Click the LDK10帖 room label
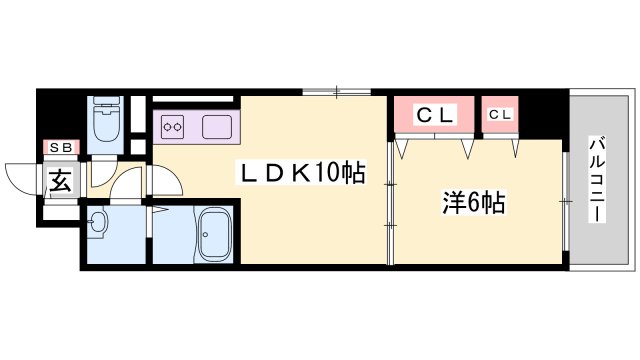(x=302, y=173)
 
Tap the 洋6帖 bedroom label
(x=474, y=202)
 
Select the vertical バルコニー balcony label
(x=597, y=180)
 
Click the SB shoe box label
(x=61, y=147)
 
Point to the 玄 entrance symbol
(x=61, y=180)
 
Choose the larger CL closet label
(x=435, y=115)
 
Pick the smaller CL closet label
(x=500, y=115)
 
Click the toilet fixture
(x=108, y=119)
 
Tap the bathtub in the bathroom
(x=215, y=233)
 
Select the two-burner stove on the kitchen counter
(x=172, y=127)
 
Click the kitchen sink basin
(x=217, y=127)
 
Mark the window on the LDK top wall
(x=336, y=92)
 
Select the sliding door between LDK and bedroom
(x=391, y=203)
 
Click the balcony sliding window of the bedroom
(x=565, y=201)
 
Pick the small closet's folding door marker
(x=515, y=149)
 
